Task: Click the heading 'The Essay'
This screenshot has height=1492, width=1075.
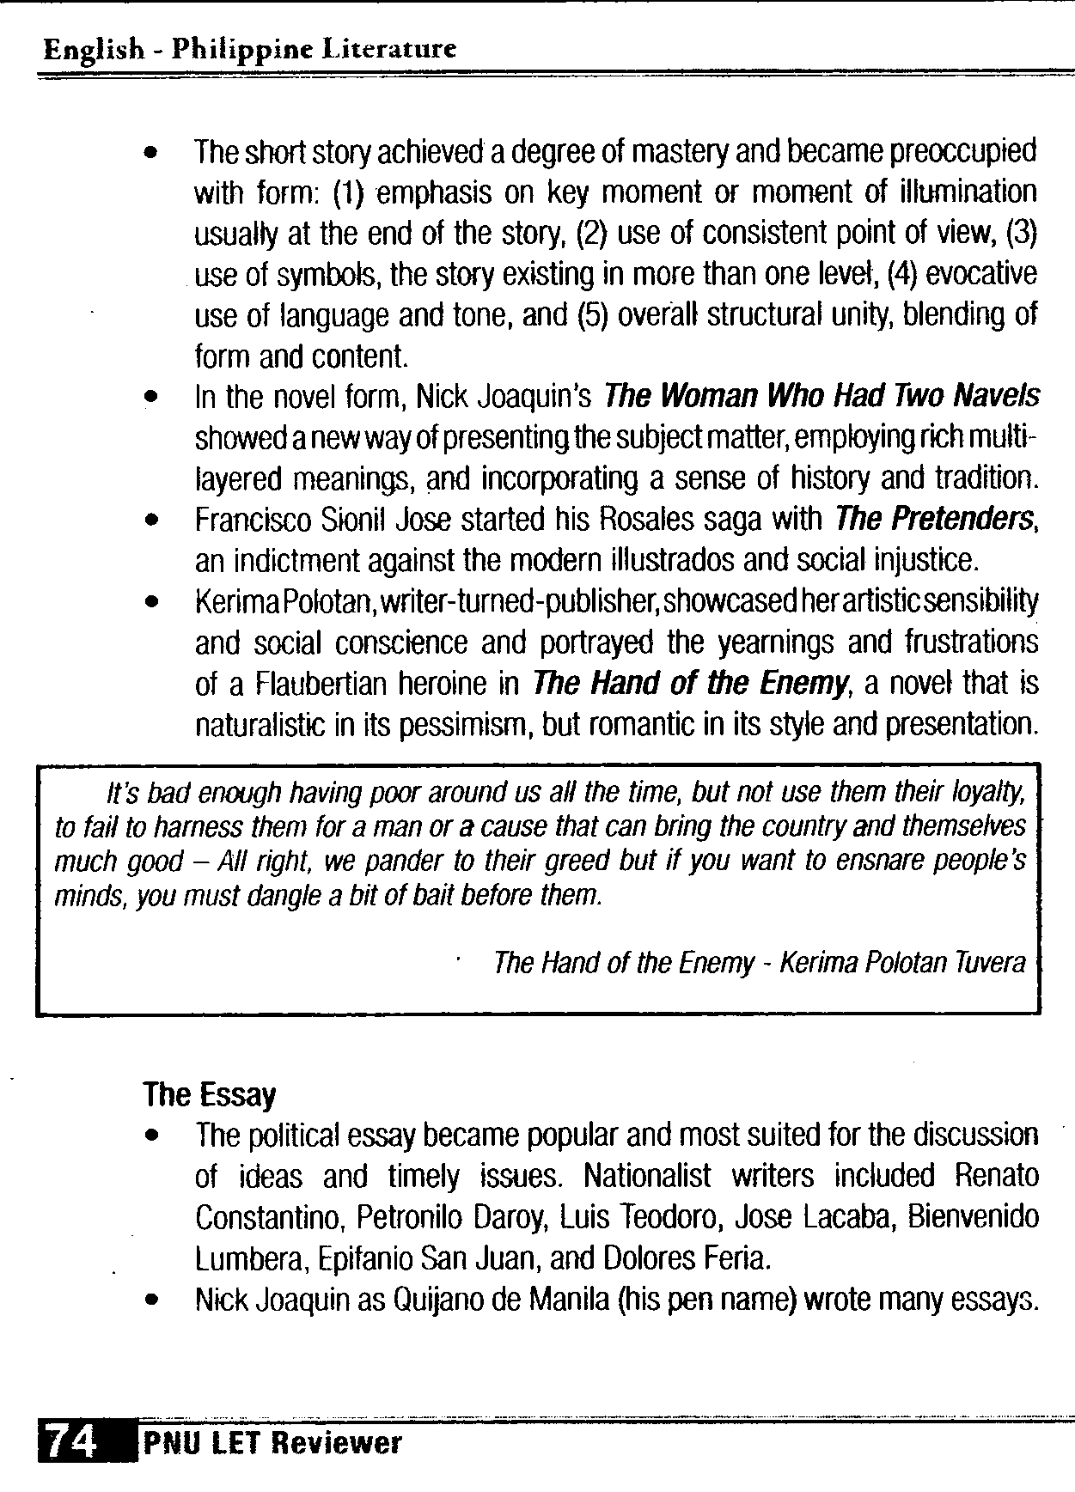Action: click(x=210, y=1094)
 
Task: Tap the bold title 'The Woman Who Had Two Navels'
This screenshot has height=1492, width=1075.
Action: click(x=821, y=396)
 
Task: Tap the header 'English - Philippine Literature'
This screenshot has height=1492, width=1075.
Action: click(x=249, y=49)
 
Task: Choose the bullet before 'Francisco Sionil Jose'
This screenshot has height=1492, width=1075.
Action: click(x=152, y=521)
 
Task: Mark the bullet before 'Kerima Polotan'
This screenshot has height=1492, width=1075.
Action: click(x=152, y=602)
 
